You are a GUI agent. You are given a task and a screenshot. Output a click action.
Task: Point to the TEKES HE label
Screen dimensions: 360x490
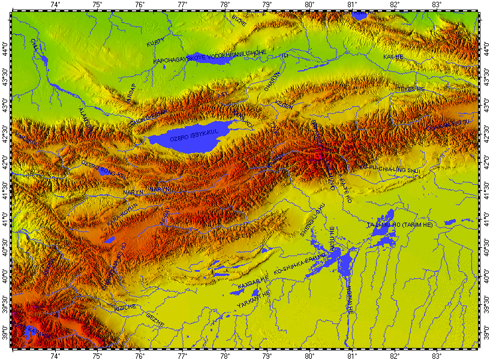pos(410,89)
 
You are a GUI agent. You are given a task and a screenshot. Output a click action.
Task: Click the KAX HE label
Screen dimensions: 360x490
pos(393,57)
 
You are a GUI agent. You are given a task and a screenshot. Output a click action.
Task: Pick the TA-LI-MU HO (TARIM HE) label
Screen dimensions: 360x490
pos(408,224)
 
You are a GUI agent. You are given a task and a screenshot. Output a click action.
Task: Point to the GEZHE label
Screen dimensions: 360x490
pos(155,319)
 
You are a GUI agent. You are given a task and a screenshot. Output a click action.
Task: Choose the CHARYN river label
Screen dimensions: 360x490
pos(272,85)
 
